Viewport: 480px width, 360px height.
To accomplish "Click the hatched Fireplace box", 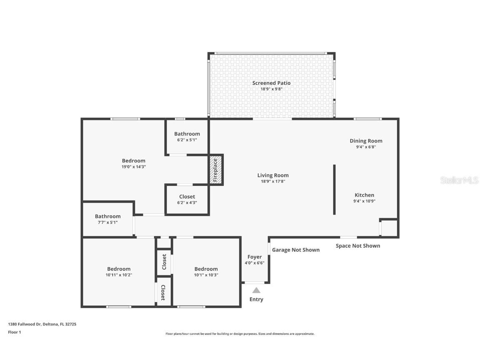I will coord(216,170).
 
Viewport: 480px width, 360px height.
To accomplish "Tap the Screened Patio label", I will coord(271,83).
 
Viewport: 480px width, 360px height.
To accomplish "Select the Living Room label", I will coord(272,175).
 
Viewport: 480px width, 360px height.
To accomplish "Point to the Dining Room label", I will coord(366,141).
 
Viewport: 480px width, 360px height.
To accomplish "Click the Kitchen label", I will coord(364,195).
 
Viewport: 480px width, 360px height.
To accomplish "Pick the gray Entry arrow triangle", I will coord(256,290).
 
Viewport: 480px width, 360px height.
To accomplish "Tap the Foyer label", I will coord(254,257).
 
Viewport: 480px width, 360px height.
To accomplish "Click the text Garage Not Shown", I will coord(295,250).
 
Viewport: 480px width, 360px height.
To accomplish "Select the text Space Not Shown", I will coord(357,246).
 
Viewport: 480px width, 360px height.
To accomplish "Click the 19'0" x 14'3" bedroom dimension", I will coord(133,167).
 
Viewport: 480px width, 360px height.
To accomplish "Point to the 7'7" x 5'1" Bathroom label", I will coord(107,216).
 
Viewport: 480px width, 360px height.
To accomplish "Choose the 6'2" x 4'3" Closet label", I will coord(187,197).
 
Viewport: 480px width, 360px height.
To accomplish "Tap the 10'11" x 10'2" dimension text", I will coord(119,275).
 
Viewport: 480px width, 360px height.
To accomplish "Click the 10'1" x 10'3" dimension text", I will coord(206,275).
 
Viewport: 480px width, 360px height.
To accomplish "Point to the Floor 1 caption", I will coord(14,332).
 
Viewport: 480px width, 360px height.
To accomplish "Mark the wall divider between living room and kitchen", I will coord(334,190).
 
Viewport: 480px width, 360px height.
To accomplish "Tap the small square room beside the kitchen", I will coord(389,228).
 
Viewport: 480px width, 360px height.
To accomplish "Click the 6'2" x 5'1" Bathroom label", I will coord(187,134).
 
